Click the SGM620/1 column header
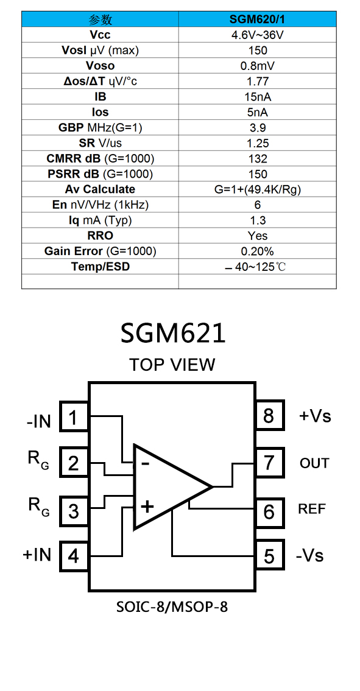pos(258,19)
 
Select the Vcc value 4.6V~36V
pos(258,35)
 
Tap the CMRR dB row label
pos(100,158)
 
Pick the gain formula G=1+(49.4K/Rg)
pos(258,189)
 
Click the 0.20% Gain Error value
pos(258,251)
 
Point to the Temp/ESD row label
pos(100,267)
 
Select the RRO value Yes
pos(258,236)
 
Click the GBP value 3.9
pos(258,128)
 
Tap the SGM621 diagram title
pos(173,333)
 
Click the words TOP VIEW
pos(172,365)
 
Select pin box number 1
pos(74,416)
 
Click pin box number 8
pos(269,415)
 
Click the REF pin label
pos(312,509)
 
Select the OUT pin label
pos(314,463)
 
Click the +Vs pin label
pos(315,416)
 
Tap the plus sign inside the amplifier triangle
pos(147,507)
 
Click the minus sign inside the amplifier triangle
pos(145,463)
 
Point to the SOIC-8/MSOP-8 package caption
pos(172,607)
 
